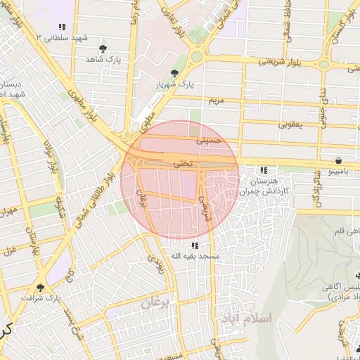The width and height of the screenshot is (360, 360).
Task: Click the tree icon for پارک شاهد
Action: click(x=103, y=49)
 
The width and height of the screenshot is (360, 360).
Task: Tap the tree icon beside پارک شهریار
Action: click(x=174, y=73)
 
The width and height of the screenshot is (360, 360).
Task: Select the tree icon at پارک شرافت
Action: click(x=40, y=287)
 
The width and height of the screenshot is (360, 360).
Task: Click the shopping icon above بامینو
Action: click(x=340, y=160)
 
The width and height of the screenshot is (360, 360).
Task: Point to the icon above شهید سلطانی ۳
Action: click(x=62, y=27)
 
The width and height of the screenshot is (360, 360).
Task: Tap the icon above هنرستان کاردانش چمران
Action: click(x=263, y=170)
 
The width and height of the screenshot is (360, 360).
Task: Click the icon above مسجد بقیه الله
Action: click(x=194, y=245)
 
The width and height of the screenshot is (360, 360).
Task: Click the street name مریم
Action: click(x=216, y=101)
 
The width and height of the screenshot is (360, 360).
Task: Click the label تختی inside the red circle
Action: click(x=182, y=162)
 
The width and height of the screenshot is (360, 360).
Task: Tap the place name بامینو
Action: click(x=340, y=171)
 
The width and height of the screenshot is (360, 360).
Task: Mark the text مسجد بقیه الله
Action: click(x=194, y=257)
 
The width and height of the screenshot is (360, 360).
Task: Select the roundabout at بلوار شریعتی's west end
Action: click(x=196, y=56)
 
